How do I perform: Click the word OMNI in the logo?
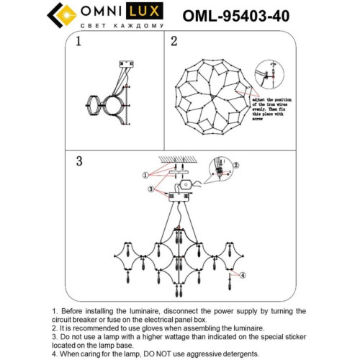pos(101,14)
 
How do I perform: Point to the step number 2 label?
pos(174,42)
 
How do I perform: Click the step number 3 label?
pos(81,161)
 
